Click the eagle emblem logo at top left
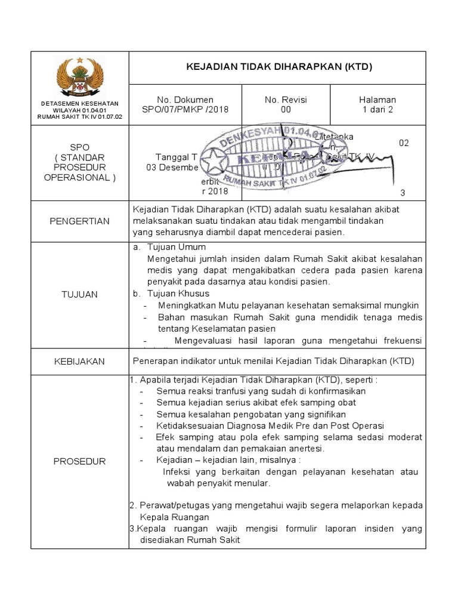tap(80, 78)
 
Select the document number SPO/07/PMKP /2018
tap(185, 109)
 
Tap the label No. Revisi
tap(286, 100)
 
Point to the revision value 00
tap(286, 109)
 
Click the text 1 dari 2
tap(377, 109)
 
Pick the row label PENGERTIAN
tap(80, 221)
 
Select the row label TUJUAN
tap(80, 294)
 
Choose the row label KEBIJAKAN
tap(80, 362)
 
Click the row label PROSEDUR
tap(80, 461)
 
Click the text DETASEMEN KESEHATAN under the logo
tap(80, 104)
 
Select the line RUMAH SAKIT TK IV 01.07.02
tap(80, 117)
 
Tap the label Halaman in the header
tap(377, 100)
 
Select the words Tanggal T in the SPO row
tap(176, 157)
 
